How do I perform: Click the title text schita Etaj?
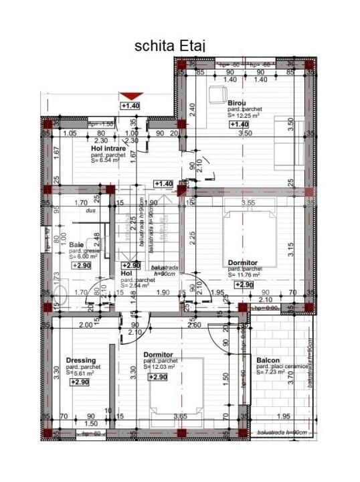[x=170, y=46]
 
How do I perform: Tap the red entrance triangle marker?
[x=130, y=96]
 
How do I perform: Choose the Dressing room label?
[x=81, y=360]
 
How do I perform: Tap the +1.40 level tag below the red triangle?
[x=130, y=106]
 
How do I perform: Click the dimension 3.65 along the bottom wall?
[x=181, y=416]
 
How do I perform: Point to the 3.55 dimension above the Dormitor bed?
[x=249, y=202]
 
